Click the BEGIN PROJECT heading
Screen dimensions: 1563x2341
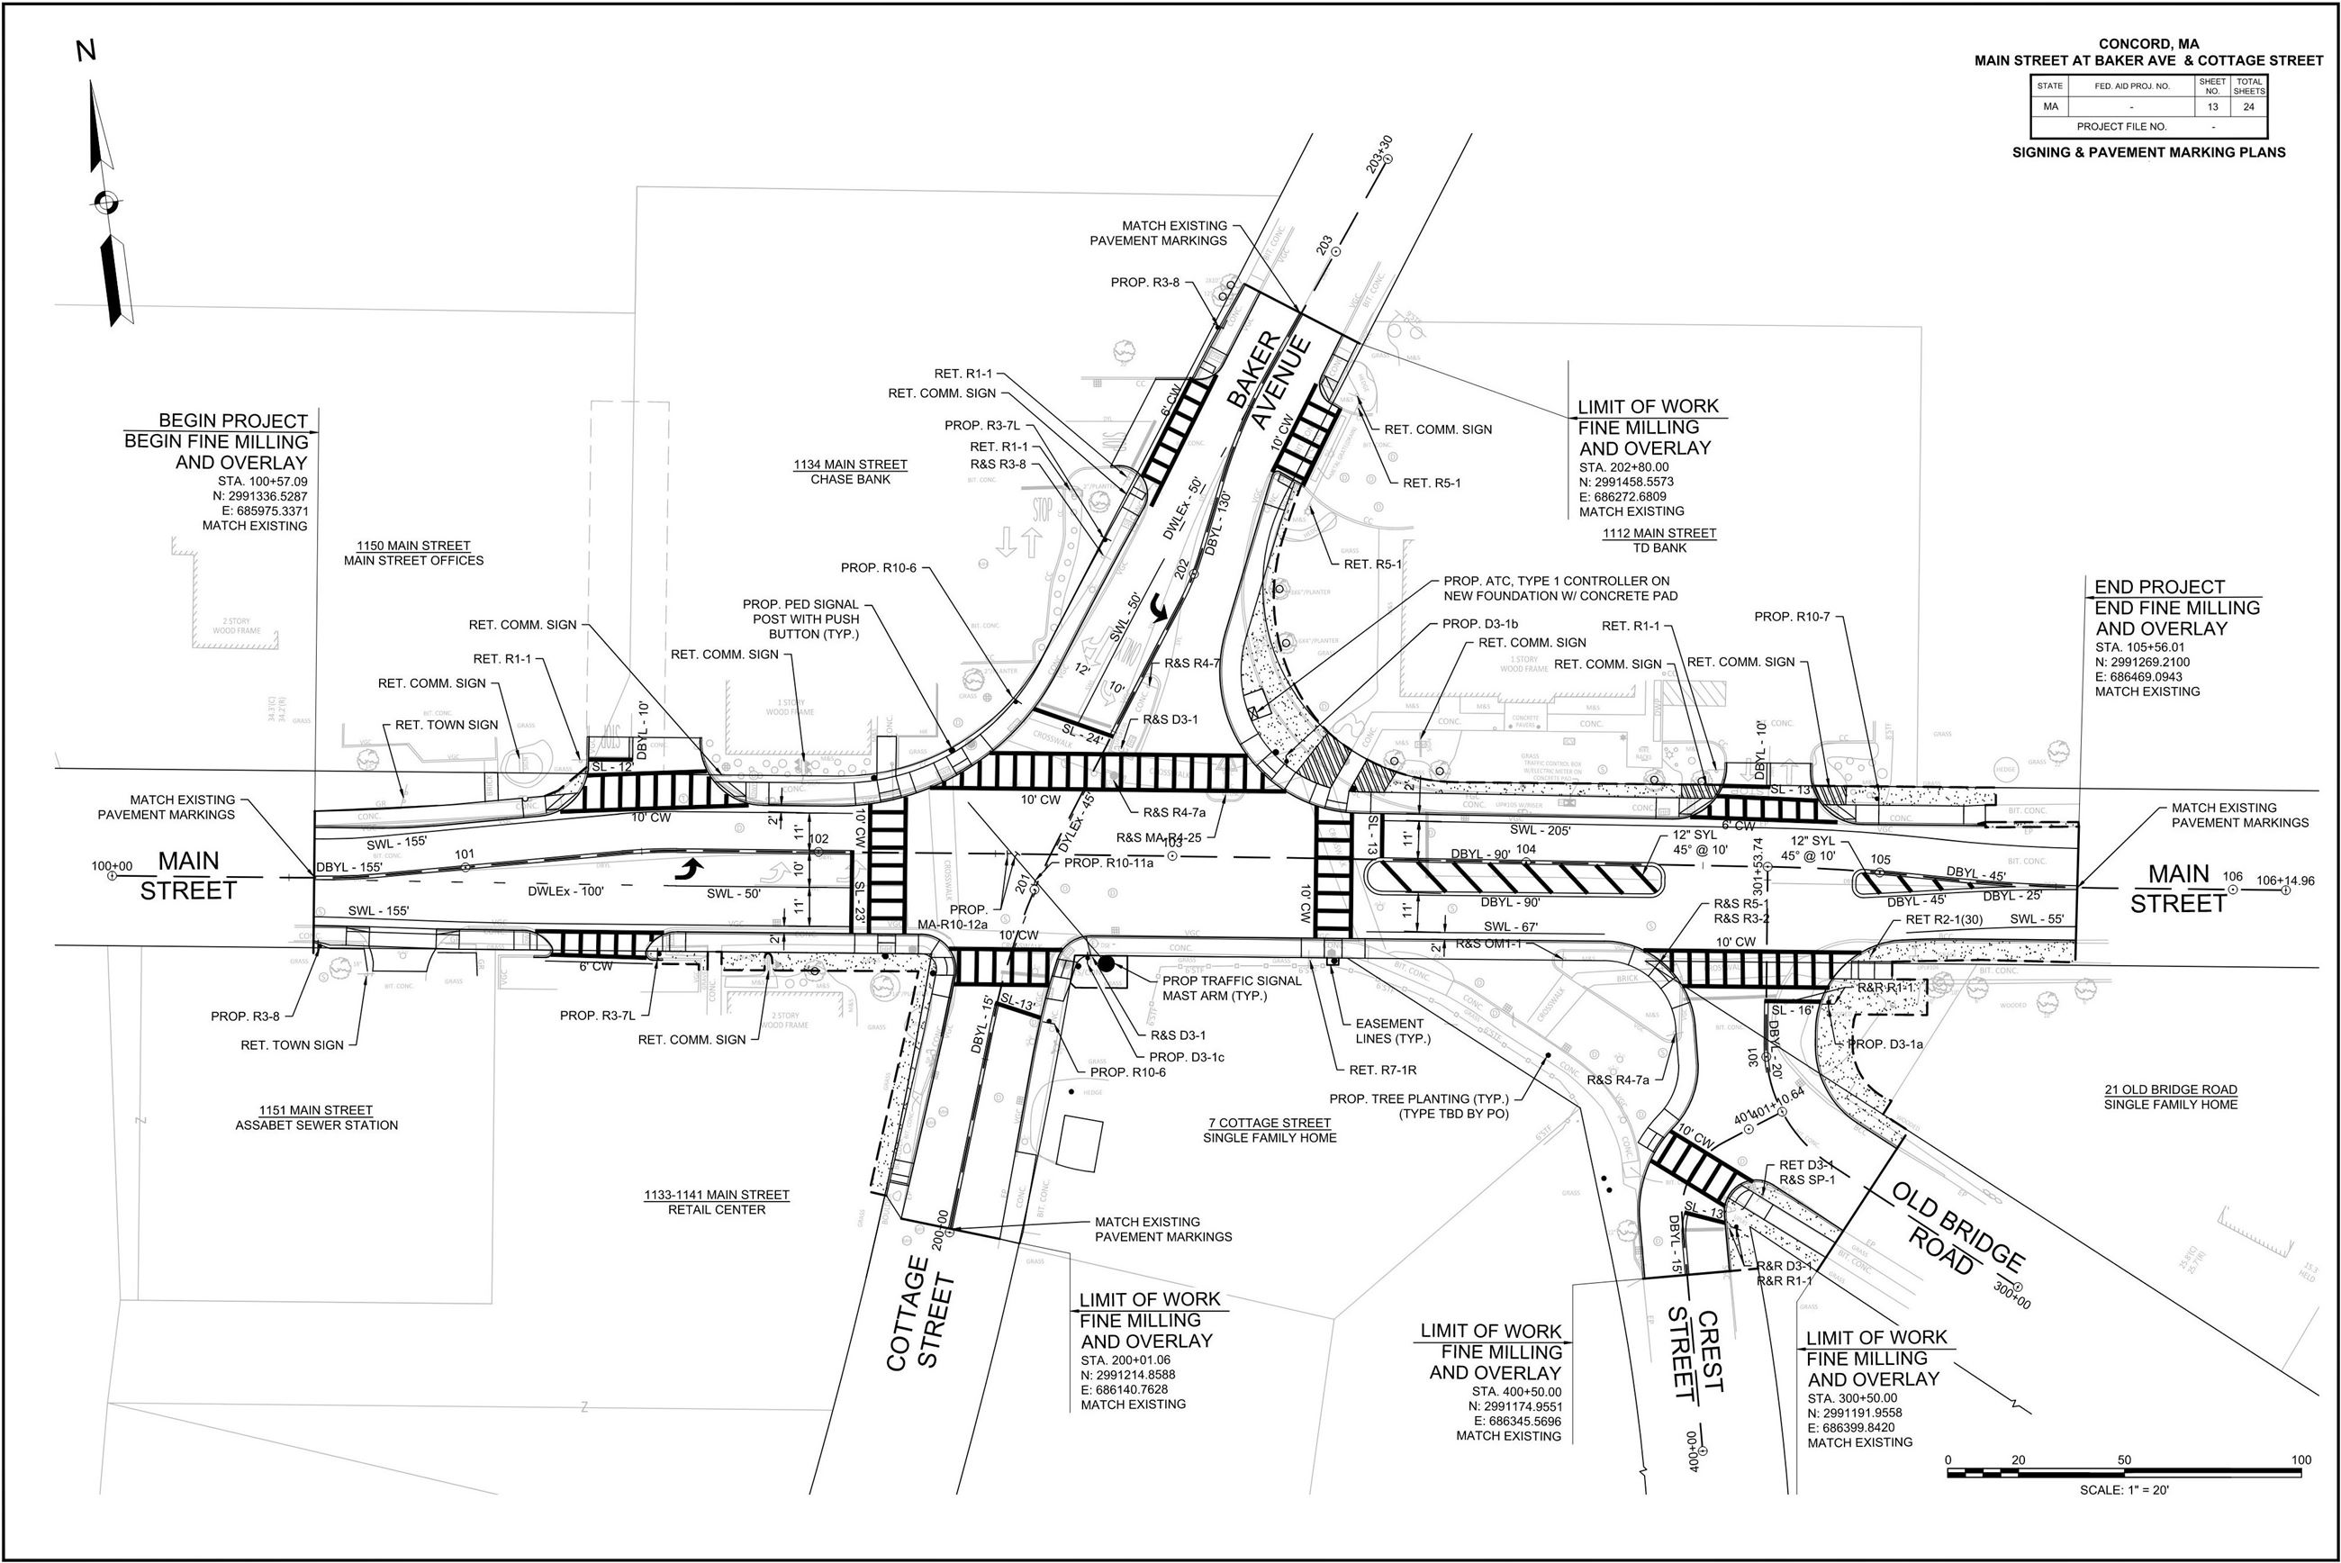(x=233, y=420)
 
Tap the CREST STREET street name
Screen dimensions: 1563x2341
(x=1695, y=1351)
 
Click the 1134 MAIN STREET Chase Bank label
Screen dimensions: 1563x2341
(x=850, y=472)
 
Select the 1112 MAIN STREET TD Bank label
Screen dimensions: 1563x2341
(x=1659, y=540)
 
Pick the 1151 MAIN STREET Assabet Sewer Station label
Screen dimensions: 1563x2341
(x=316, y=1117)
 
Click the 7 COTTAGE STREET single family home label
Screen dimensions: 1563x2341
(x=1269, y=1129)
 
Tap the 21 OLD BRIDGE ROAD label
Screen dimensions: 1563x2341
(x=2171, y=1097)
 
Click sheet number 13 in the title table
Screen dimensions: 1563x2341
(x=2211, y=106)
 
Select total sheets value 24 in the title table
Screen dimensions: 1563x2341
(x=2248, y=106)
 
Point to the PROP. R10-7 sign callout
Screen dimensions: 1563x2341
(x=1792, y=617)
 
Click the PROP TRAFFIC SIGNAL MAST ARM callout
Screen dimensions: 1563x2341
(x=1232, y=988)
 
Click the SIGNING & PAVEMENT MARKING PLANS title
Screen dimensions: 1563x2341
(x=2148, y=152)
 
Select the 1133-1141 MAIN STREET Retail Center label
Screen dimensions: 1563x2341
(x=716, y=1202)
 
